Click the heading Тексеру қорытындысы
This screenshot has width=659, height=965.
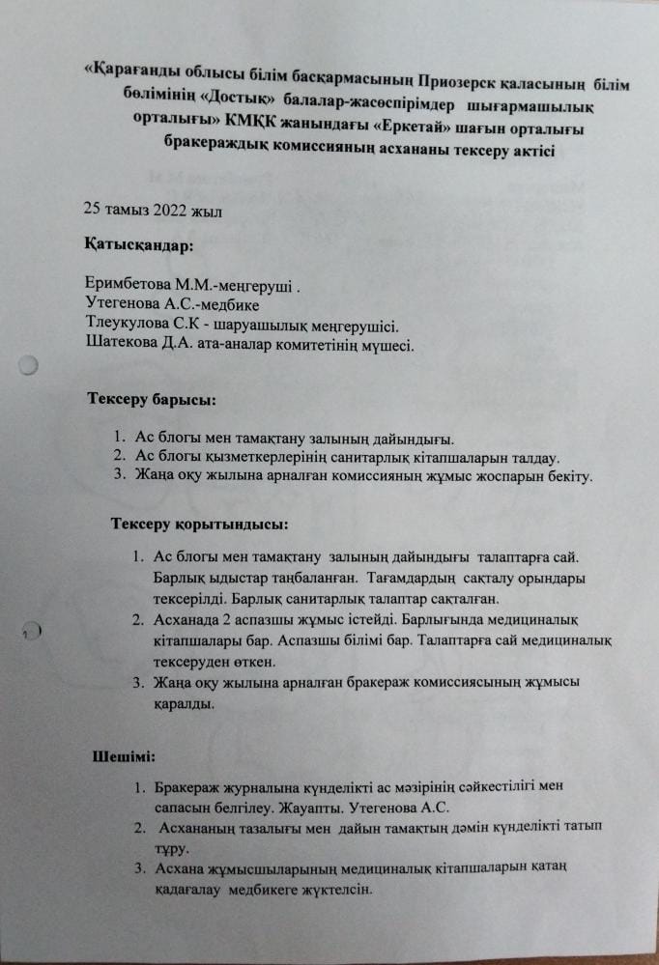click(199, 525)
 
